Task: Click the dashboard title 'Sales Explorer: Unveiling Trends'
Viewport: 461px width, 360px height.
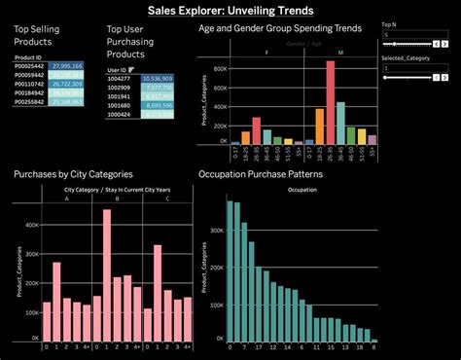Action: (230, 11)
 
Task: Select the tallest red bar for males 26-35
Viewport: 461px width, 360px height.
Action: (331, 102)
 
